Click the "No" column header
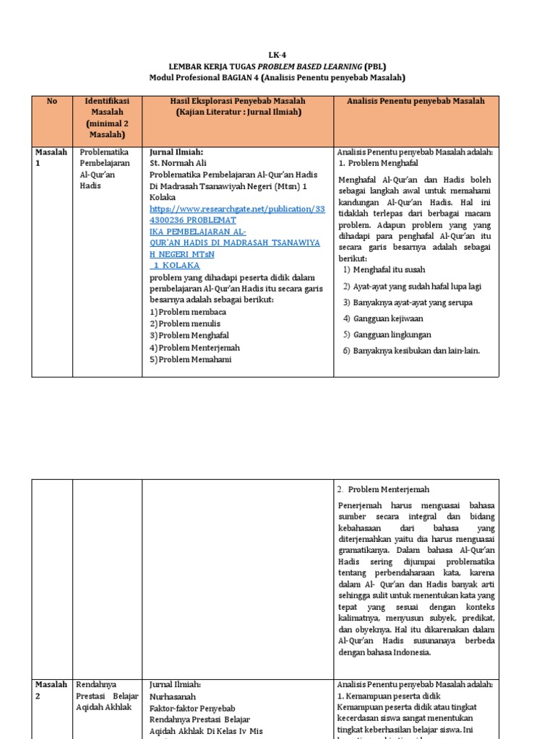point(52,102)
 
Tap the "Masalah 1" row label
point(51,157)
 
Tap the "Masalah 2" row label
point(51,690)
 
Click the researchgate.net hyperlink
point(237,209)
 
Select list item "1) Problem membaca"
point(188,312)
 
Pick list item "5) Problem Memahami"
point(191,359)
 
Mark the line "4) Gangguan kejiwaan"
point(383,318)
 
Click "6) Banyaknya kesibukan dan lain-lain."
point(411,351)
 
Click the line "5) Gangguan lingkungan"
point(387,335)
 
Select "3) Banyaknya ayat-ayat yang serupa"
point(408,302)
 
